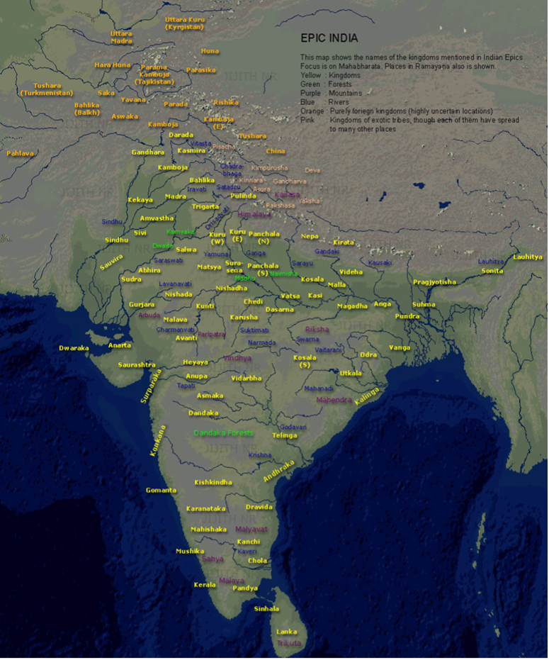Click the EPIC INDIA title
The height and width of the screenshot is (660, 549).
[x=329, y=38]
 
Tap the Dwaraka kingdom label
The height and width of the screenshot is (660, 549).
[x=74, y=348]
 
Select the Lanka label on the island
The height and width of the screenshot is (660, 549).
[x=287, y=632]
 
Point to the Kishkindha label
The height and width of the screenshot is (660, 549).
[x=213, y=482]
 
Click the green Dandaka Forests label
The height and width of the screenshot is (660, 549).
[x=223, y=432]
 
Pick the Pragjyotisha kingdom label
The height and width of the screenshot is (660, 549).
[x=434, y=282]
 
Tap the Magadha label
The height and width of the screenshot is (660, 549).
[x=352, y=306]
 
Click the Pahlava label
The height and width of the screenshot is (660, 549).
[x=20, y=153]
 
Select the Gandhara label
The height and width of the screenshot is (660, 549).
[x=147, y=152]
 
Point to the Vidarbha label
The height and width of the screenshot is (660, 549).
[x=246, y=379]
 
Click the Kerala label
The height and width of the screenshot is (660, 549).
[x=205, y=585]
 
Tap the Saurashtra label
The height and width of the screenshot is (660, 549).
[x=137, y=365]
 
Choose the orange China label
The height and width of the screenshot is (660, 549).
[x=276, y=151]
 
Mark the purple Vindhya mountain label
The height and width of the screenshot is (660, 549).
[x=237, y=359]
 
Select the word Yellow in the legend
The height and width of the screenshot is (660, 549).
[x=310, y=75]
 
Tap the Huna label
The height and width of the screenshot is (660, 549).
[x=210, y=51]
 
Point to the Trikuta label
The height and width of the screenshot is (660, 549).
[x=288, y=643]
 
